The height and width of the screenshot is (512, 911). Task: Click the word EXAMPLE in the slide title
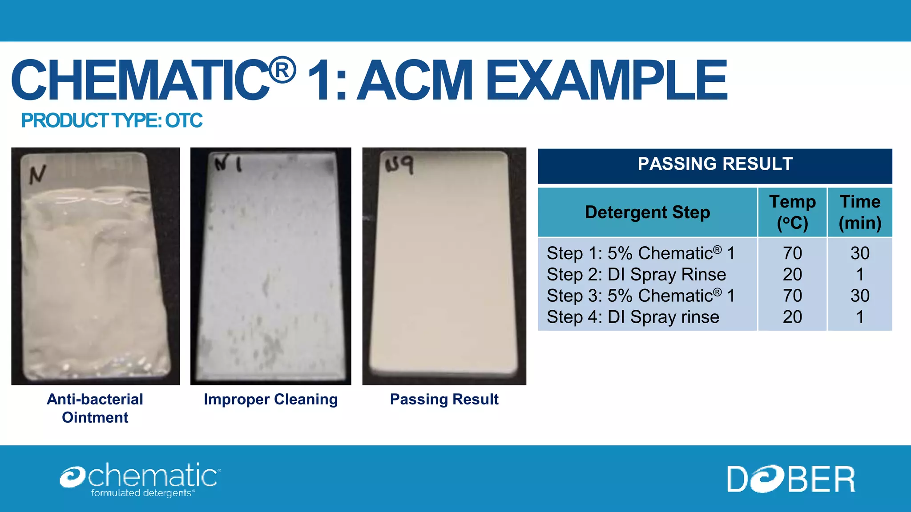pos(606,80)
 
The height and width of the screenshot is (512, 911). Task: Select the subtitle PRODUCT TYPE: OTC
pos(112,120)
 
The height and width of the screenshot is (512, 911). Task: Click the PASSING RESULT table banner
pos(715,164)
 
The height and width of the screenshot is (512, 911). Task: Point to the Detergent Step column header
pos(647,212)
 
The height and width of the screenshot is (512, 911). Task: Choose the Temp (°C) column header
pos(792,212)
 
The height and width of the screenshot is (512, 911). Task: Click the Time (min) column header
pos(860,212)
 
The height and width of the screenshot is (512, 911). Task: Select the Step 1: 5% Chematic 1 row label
pos(641,253)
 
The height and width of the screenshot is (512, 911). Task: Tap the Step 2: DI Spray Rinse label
pos(636,275)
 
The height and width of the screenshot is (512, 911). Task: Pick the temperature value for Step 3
pos(792,296)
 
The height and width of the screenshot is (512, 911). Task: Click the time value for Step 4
pos(860,317)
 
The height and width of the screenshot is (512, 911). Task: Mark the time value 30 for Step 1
pos(860,253)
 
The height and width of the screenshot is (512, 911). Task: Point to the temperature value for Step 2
pos(792,275)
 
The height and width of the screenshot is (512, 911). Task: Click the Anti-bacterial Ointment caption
pos(95,408)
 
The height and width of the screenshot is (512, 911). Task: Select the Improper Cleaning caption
pos(270,399)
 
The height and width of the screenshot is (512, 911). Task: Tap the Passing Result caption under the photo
pos(444,399)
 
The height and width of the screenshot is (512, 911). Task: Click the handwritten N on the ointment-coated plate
pos(37,174)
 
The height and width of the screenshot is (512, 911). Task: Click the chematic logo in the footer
pos(140,479)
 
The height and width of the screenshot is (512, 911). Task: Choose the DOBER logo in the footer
pos(791,479)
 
